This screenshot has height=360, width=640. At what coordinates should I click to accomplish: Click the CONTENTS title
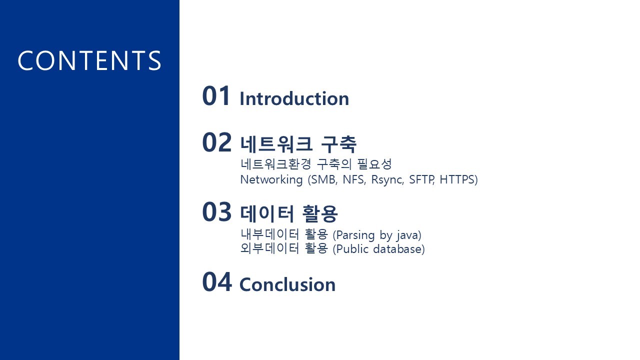click(x=89, y=60)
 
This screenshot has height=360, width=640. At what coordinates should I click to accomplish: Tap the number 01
click(x=216, y=96)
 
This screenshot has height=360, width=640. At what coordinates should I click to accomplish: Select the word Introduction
click(x=294, y=98)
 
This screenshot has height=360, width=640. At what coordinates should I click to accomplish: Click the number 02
click(x=216, y=142)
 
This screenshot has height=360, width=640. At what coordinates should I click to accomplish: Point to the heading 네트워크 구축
click(x=298, y=144)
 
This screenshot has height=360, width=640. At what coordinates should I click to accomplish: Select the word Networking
click(x=271, y=180)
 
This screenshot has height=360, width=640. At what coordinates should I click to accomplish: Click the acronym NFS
click(x=354, y=179)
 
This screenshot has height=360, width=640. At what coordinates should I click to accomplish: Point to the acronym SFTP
click(x=421, y=179)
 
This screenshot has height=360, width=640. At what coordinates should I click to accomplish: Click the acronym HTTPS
click(x=457, y=179)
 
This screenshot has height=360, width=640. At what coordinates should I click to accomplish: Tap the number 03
click(x=216, y=212)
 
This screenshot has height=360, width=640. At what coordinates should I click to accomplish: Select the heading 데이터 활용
click(x=289, y=214)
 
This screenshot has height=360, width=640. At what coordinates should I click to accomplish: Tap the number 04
click(x=217, y=282)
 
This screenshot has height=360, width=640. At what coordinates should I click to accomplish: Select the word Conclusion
click(x=287, y=284)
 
